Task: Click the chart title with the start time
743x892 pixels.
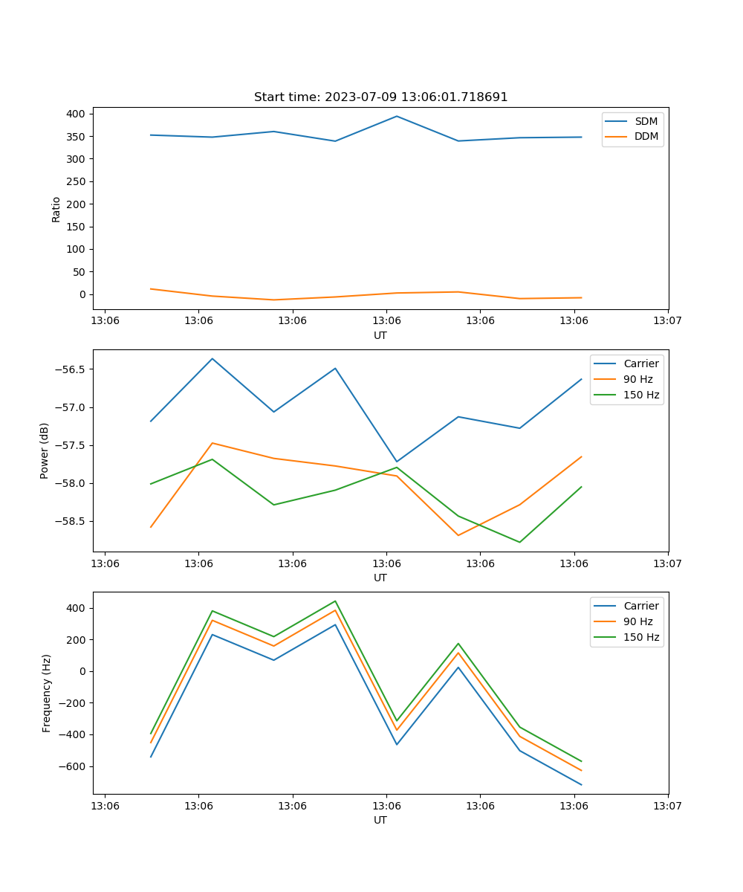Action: click(380, 97)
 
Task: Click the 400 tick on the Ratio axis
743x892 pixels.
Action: click(76, 114)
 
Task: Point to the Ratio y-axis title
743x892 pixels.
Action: click(56, 208)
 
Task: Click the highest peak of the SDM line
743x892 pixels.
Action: click(397, 116)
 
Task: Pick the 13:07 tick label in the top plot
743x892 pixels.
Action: click(667, 321)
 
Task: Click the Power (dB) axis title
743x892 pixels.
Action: click(45, 450)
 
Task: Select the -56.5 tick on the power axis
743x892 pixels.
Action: click(70, 369)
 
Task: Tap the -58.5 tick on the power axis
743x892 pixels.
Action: click(70, 521)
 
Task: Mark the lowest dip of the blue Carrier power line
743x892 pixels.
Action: click(397, 462)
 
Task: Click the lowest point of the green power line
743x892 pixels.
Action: click(519, 542)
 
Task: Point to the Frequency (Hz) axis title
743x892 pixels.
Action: click(47, 693)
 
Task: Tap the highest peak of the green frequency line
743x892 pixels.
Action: click(335, 601)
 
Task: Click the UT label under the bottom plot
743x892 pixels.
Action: click(380, 820)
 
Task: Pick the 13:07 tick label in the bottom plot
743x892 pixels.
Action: click(667, 806)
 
